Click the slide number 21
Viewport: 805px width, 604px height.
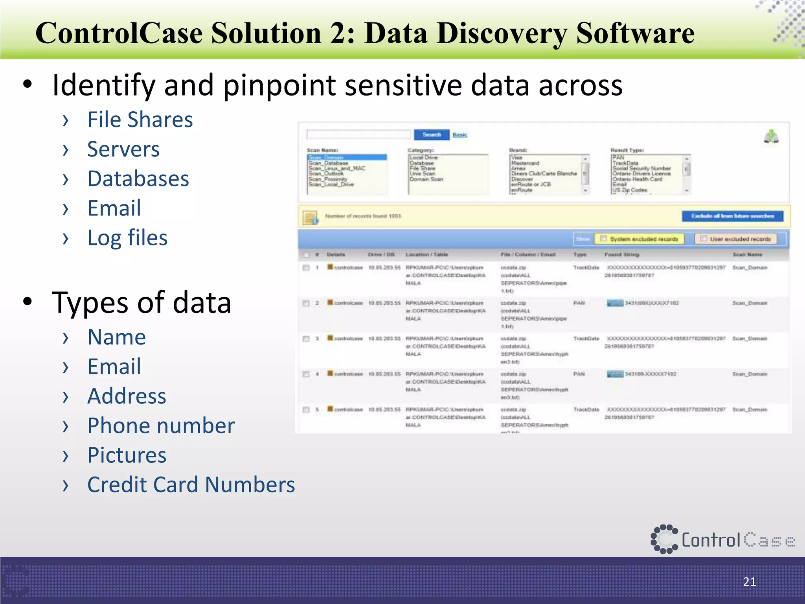(x=749, y=582)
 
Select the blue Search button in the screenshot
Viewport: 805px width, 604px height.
(x=431, y=135)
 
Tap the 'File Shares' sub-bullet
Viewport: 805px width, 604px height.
(x=140, y=120)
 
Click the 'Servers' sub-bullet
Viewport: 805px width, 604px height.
(x=123, y=149)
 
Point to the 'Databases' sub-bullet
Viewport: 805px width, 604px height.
(x=138, y=179)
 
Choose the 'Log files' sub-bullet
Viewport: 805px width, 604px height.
(x=128, y=238)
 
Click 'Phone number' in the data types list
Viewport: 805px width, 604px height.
(x=161, y=426)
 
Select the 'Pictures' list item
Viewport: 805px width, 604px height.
(x=127, y=455)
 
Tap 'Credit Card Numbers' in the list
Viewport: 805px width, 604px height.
(x=191, y=485)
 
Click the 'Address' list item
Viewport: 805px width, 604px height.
(x=127, y=396)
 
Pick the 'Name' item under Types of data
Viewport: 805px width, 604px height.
(x=117, y=337)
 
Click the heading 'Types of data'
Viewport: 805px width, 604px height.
(x=142, y=303)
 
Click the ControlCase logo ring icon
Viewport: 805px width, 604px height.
(x=664, y=539)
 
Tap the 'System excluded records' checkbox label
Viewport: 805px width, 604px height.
(x=644, y=239)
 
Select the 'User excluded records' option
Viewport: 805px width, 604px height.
(x=740, y=239)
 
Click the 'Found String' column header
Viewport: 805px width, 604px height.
(x=621, y=255)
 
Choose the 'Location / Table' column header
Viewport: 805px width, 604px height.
(x=426, y=255)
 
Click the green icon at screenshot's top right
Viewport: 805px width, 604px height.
(x=771, y=137)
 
